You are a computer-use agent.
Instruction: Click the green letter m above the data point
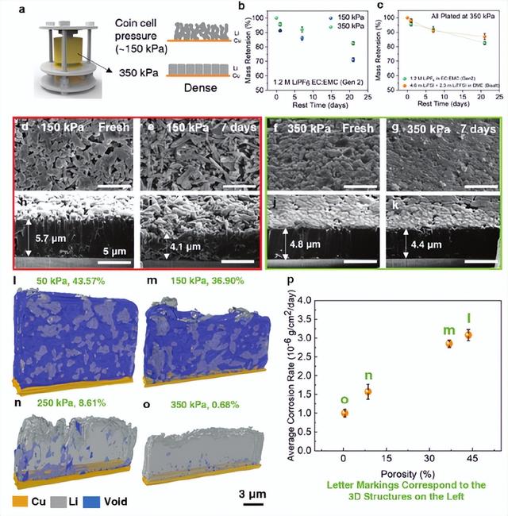click(449, 330)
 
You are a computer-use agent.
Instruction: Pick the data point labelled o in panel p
click(344, 413)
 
